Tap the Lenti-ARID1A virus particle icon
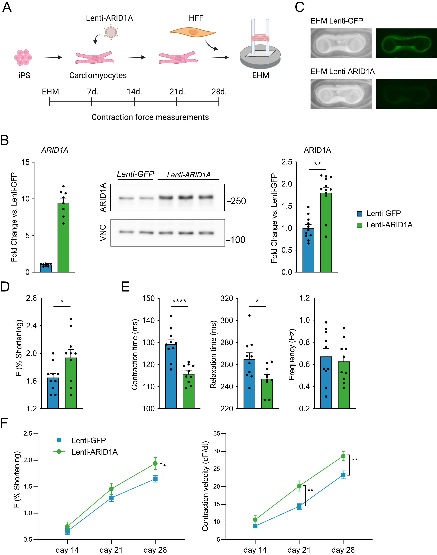point(111,32)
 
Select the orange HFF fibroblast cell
point(193,32)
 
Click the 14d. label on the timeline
point(134,92)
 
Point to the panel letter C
point(299,7)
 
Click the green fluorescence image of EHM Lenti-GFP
point(406,43)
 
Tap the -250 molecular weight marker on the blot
point(236,201)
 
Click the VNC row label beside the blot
point(103,232)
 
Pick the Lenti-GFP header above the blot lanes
point(135,174)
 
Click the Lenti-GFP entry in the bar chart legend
point(383,213)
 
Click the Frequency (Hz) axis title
point(292,354)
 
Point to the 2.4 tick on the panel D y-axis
point(31,326)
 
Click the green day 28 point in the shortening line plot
point(155,463)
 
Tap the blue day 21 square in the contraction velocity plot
point(299,506)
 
